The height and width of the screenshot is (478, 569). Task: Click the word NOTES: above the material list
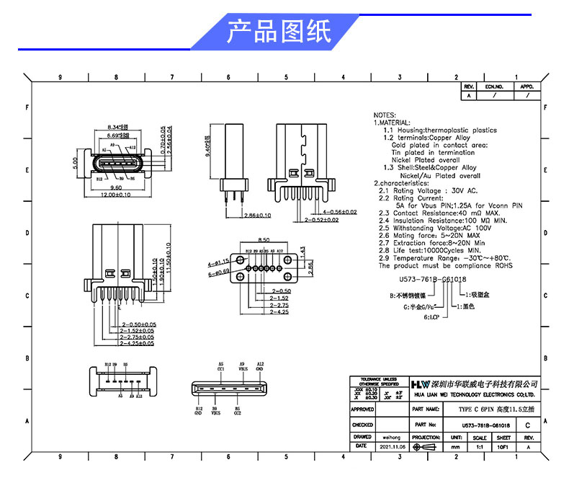[385, 115]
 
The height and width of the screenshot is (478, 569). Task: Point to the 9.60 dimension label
[115, 187]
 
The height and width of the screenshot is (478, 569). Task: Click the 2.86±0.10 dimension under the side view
[257, 216]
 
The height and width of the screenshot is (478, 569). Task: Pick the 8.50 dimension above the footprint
[264, 240]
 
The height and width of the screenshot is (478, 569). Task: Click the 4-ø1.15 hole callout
[218, 262]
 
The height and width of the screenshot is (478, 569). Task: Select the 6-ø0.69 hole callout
[218, 273]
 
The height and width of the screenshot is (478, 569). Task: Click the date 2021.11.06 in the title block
[392, 447]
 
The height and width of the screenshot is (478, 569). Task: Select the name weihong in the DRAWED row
[392, 436]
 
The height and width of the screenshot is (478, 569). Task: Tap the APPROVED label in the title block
[362, 409]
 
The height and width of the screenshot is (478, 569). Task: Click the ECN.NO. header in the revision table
[494, 86]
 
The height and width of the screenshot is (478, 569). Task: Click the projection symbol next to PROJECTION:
[427, 447]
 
